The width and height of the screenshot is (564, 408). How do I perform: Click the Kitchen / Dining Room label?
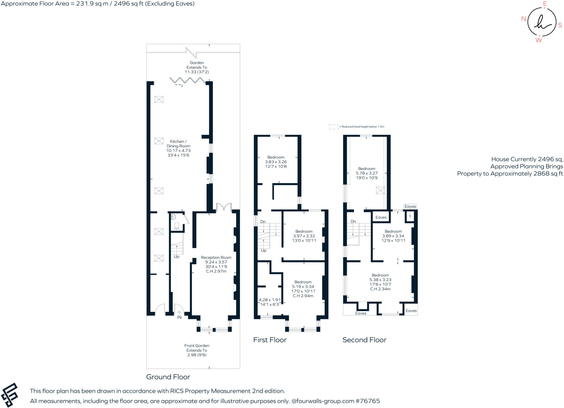pyautogui.click(x=178, y=148)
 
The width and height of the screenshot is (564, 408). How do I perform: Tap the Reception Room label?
pyautogui.click(x=216, y=264)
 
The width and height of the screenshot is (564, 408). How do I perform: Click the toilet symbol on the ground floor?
pyautogui.click(x=177, y=226)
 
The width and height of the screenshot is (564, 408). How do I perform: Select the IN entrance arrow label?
pyautogui.click(x=179, y=317)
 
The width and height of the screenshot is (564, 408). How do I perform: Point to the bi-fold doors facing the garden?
pyautogui.click(x=188, y=80)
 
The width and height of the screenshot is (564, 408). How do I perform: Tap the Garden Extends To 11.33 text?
pyautogui.click(x=197, y=67)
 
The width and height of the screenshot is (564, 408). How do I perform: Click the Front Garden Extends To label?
pyautogui.click(x=197, y=350)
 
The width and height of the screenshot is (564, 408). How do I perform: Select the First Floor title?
pyautogui.click(x=270, y=340)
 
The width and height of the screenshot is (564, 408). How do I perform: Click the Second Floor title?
pyautogui.click(x=364, y=340)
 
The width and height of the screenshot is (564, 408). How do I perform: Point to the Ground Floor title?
pyautogui.click(x=168, y=377)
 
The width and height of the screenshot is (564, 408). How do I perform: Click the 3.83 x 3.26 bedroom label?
pyautogui.click(x=276, y=162)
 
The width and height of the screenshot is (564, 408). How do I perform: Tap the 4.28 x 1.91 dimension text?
pyautogui.click(x=269, y=302)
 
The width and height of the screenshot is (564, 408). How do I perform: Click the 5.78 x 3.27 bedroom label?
pyautogui.click(x=367, y=173)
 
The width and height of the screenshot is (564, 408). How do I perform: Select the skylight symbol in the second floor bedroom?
pyautogui.click(x=380, y=190)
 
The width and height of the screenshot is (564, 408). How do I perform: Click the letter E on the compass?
pyautogui.click(x=544, y=4)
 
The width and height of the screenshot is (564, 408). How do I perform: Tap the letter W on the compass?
pyautogui.click(x=538, y=40)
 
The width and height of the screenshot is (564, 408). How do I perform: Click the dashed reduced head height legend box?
pyautogui.click(x=333, y=127)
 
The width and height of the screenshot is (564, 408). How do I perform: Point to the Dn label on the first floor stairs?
pyautogui.click(x=263, y=221)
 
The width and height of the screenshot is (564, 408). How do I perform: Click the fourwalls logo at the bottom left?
pyautogui.click(x=10, y=395)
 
